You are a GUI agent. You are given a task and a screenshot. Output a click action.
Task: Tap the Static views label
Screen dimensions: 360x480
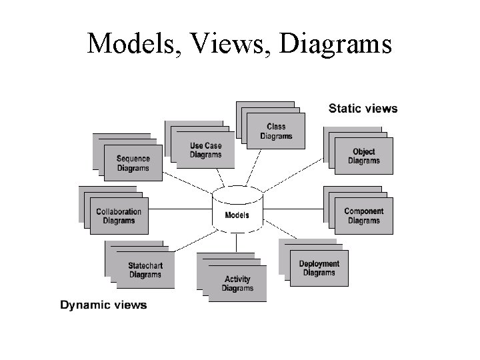click(363, 109)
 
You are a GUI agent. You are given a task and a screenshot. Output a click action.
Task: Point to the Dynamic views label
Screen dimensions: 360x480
click(103, 305)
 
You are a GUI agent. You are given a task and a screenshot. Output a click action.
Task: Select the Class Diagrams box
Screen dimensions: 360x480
click(276, 131)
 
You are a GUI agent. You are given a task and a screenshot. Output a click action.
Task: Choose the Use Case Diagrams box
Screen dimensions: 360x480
click(205, 150)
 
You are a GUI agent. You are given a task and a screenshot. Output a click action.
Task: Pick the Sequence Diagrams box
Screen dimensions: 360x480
click(133, 163)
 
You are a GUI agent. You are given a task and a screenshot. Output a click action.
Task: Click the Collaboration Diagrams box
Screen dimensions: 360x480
click(119, 216)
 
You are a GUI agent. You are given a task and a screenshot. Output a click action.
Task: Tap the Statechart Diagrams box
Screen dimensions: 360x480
click(145, 270)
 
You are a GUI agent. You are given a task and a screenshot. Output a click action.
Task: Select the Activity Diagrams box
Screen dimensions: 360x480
click(237, 283)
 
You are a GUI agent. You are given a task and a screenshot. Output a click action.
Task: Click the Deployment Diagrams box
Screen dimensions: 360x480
click(319, 268)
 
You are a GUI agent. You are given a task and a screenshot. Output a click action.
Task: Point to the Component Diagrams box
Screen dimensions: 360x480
click(363, 216)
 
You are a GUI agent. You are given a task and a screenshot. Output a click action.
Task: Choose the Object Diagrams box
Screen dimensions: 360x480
click(363, 156)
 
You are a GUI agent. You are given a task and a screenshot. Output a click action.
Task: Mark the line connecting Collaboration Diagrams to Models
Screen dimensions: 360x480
click(180, 209)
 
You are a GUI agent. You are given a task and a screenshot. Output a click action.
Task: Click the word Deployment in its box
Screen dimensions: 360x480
click(319, 264)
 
